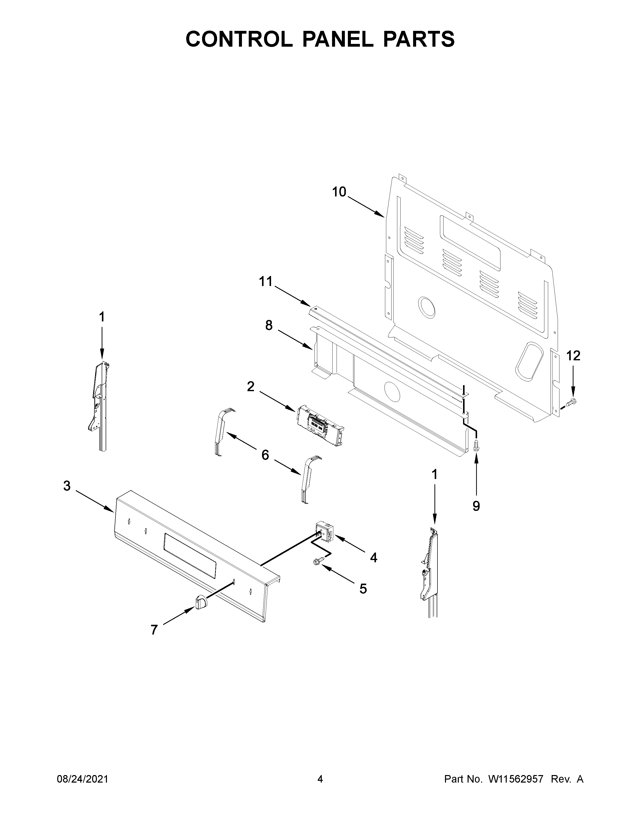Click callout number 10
pyautogui.click(x=339, y=192)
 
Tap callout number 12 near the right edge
pyautogui.click(x=573, y=356)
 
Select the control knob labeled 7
pyautogui.click(x=201, y=602)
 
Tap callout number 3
pyautogui.click(x=67, y=486)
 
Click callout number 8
pyautogui.click(x=269, y=325)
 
